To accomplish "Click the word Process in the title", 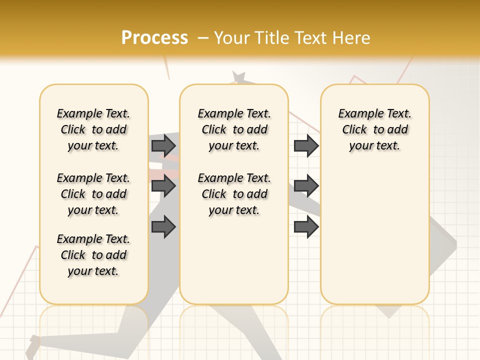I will click(x=154, y=37).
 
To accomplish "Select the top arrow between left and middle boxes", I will click(x=163, y=145).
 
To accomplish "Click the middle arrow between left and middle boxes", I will click(x=163, y=186).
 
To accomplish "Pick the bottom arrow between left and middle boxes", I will click(x=163, y=227).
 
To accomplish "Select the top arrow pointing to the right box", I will click(x=306, y=145).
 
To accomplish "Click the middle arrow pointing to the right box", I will click(x=306, y=186).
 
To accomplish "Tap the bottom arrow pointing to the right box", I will click(x=306, y=227).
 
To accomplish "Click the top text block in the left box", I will click(x=93, y=129).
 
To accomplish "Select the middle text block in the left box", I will click(x=93, y=194).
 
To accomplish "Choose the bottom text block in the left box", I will click(x=93, y=255).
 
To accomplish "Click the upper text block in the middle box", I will click(x=234, y=129).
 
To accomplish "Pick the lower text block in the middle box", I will click(x=234, y=194).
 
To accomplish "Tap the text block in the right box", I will click(x=375, y=129).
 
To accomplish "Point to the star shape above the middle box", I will click(x=239, y=77).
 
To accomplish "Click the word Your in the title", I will click(x=232, y=37).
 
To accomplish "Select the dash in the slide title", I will click(x=203, y=37).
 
